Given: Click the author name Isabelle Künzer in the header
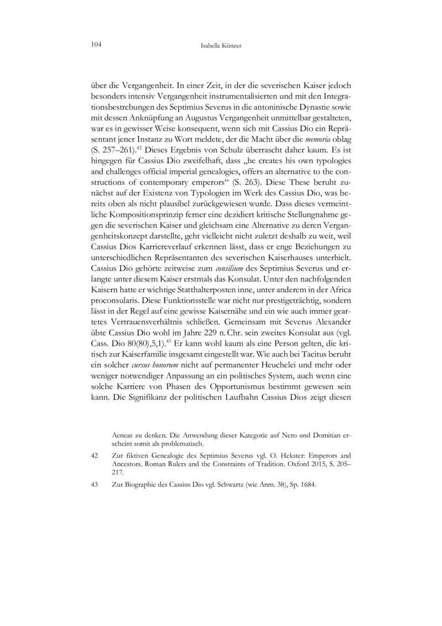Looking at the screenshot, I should coord(221,45).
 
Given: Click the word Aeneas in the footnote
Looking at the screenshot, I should coord(124,434).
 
